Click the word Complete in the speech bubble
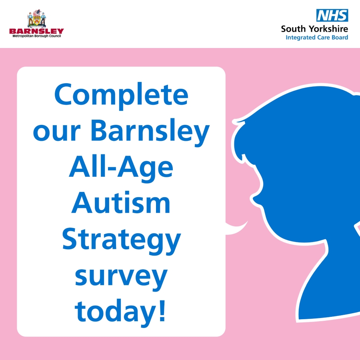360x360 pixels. (x=121, y=96)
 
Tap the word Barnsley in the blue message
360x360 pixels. (x=150, y=131)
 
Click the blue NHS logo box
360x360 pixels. (x=332, y=15)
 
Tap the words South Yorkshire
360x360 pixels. (x=314, y=29)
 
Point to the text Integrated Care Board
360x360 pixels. (x=317, y=38)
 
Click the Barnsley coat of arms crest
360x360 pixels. (x=37, y=18)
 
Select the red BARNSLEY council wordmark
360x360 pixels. (x=36, y=31)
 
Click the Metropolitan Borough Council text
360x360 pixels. (x=37, y=36)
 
